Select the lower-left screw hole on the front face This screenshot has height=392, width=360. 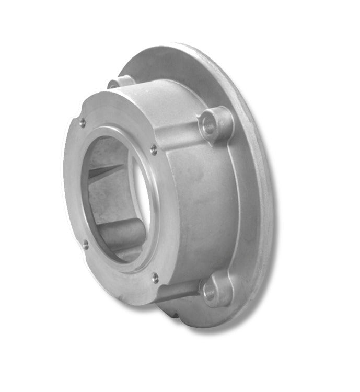click(x=85, y=244)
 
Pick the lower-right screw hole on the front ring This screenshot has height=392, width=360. click(x=155, y=278)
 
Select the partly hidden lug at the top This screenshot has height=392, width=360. click(x=120, y=82)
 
